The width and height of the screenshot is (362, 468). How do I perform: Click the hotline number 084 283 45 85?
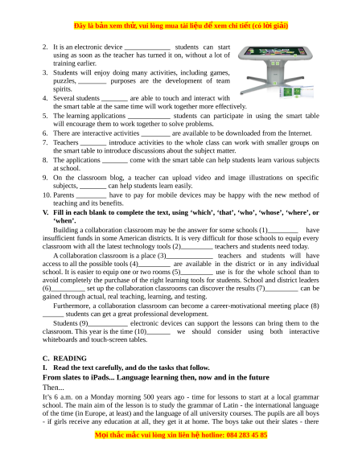247,435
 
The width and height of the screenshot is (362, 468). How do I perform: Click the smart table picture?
276,72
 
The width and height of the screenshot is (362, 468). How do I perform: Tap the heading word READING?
70,358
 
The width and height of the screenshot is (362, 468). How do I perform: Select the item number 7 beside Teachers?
45,142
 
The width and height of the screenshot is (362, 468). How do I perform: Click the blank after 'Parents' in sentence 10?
91,197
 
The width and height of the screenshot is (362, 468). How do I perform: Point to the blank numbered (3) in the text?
189,257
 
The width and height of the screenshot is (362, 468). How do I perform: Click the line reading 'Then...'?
53,388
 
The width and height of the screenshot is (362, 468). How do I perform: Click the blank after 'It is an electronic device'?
147,49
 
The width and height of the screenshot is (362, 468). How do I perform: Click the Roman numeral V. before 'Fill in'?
45,212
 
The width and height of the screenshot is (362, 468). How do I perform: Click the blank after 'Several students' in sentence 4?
114,100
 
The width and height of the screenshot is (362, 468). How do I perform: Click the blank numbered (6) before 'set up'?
68,290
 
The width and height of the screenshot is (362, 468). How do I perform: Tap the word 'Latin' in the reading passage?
232,405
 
